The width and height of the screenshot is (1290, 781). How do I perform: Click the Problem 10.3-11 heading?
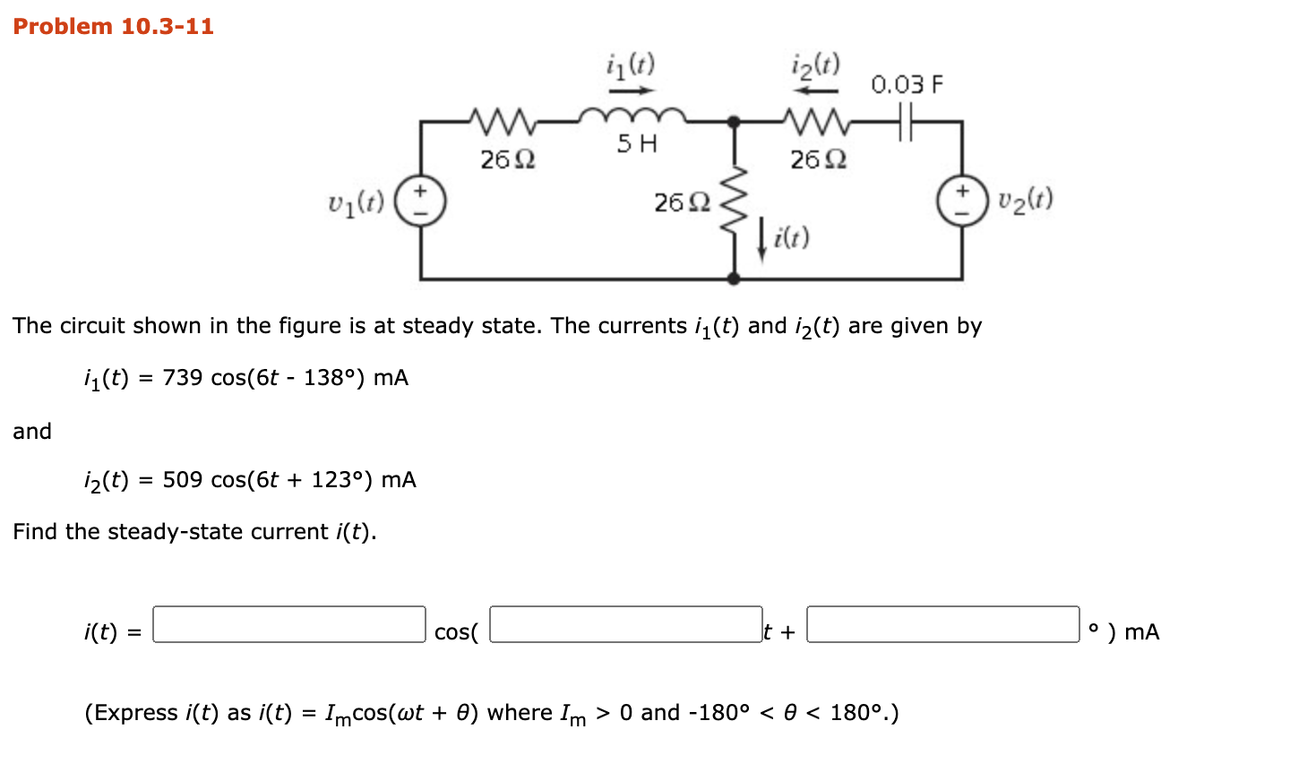pos(113,26)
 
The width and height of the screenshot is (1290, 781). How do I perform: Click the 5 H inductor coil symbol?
pos(632,116)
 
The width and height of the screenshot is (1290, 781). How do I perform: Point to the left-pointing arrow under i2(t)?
pos(816,90)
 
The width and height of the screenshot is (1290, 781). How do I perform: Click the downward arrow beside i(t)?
pos(761,240)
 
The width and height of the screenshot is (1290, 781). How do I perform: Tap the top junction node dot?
pos(734,122)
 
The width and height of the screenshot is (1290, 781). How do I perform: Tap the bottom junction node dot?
pos(734,279)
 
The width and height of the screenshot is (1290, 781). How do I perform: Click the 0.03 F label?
pos(907,84)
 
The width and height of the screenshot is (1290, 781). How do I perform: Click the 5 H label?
pos(637,143)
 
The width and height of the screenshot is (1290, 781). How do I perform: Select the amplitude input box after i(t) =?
pos(289,624)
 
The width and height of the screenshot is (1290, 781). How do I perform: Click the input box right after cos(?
pos(625,624)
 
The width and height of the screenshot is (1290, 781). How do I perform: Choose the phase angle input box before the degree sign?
pos(942,624)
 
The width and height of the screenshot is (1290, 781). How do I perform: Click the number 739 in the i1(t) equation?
pos(183,377)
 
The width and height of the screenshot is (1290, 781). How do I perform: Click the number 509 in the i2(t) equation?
pos(183,479)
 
